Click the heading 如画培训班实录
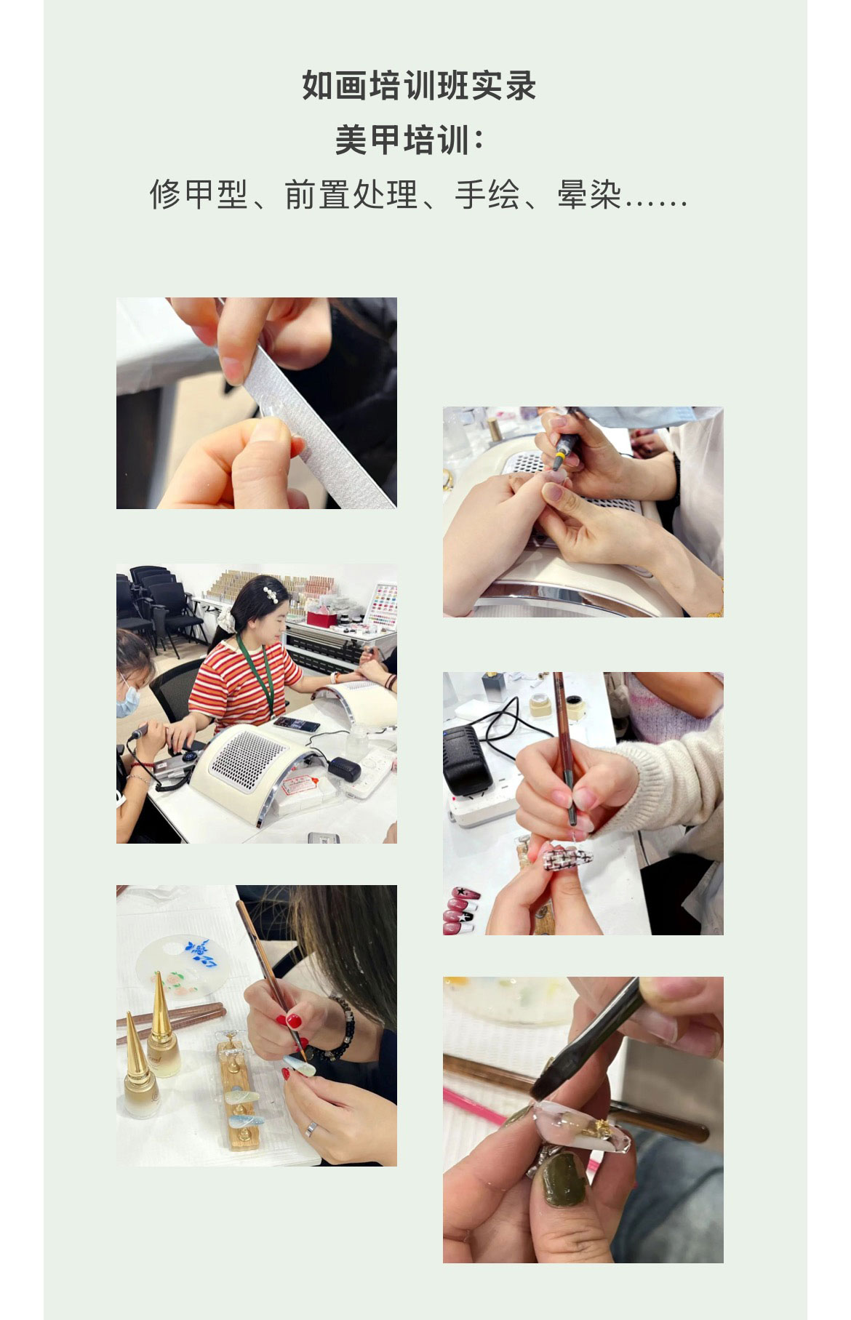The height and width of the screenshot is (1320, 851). pyautogui.click(x=419, y=86)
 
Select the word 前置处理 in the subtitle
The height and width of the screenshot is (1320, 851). pyautogui.click(x=351, y=194)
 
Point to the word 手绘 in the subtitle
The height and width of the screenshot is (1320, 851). pyautogui.click(x=487, y=194)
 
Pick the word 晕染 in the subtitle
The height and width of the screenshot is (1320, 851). pyautogui.click(x=590, y=194)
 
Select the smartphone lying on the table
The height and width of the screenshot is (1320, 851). pyautogui.click(x=297, y=724)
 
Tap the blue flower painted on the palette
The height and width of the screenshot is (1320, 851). pyautogui.click(x=200, y=953)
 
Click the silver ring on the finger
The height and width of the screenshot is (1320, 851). pyautogui.click(x=311, y=1128)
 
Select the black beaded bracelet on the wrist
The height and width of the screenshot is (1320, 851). pyautogui.click(x=340, y=1027)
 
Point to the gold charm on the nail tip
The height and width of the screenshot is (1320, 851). pyautogui.click(x=602, y=1128)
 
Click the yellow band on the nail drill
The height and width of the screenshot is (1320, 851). pyautogui.click(x=561, y=457)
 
